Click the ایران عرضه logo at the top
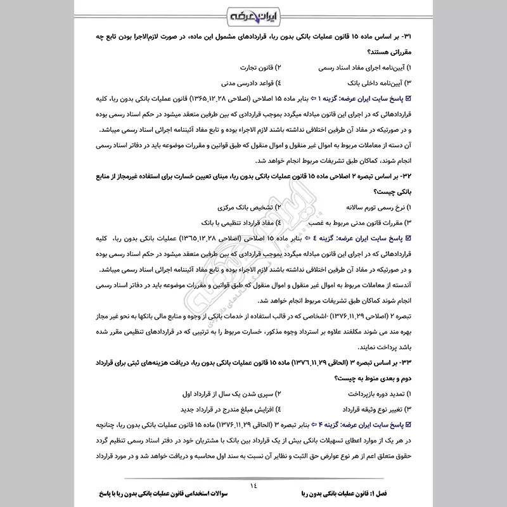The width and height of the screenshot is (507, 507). pos(253,14)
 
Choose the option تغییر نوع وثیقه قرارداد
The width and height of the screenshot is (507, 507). pos(366,410)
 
